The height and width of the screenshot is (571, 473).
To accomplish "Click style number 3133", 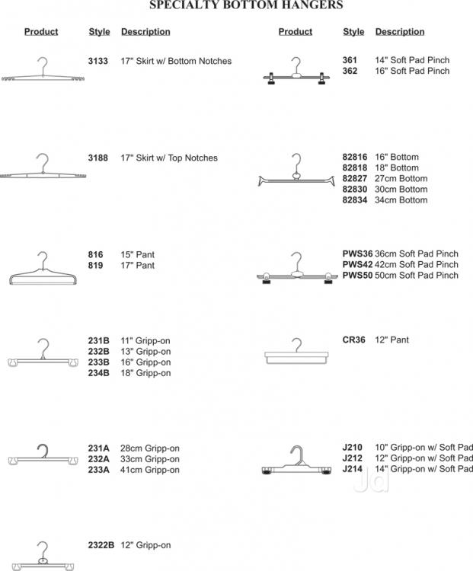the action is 98,61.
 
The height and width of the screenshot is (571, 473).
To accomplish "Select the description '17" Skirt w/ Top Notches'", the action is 169,158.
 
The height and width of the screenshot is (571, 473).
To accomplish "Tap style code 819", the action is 95,265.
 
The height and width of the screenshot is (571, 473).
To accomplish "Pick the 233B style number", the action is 98,362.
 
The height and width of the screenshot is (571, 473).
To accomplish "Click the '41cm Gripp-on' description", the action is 150,470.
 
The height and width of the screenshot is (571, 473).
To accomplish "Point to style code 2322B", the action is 101,545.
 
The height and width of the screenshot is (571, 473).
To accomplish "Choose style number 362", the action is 350,71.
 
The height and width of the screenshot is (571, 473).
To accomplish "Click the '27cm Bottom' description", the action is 401,178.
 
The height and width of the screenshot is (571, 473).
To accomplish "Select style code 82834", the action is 355,200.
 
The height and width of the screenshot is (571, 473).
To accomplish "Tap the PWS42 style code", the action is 357,264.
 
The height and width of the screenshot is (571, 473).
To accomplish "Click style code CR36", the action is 353,340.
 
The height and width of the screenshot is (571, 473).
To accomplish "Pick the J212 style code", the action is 353,458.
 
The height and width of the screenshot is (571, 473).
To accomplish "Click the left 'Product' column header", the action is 41,32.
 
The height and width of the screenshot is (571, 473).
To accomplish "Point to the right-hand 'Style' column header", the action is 353,32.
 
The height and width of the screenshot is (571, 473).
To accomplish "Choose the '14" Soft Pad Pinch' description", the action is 412,59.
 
